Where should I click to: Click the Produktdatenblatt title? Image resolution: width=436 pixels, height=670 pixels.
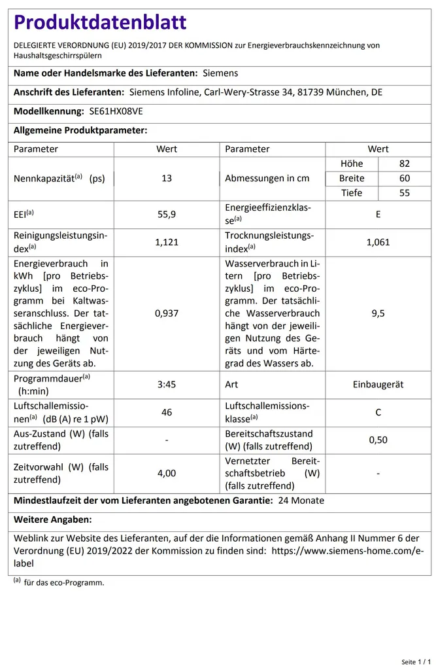[x=100, y=23]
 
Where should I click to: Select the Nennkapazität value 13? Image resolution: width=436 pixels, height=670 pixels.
[x=167, y=178]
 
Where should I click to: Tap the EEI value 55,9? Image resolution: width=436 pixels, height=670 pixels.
[x=167, y=214]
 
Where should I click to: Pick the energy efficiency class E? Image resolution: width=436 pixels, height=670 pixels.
[x=378, y=214]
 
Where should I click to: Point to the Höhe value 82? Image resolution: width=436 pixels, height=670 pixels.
[x=405, y=164]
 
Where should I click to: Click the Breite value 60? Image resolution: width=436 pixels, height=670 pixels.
[x=405, y=178]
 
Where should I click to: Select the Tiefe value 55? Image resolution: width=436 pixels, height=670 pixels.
[x=405, y=193]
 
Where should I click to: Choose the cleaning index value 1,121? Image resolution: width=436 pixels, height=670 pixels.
[x=167, y=242]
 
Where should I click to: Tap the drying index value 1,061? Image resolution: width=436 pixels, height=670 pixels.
[x=378, y=242]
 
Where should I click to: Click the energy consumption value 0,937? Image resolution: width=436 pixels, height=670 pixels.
[x=167, y=313]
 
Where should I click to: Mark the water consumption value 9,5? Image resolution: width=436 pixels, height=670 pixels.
[x=378, y=313]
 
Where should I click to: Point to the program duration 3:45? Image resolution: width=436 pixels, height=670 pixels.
[x=167, y=385]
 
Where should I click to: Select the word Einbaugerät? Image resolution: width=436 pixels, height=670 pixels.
[x=378, y=385]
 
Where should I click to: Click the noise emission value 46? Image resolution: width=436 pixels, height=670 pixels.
[x=167, y=412]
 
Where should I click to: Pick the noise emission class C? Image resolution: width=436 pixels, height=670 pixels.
[x=378, y=412]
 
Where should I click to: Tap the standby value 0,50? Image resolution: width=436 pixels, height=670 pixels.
[x=378, y=440]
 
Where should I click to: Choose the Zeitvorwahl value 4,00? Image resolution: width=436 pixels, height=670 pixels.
[x=167, y=473]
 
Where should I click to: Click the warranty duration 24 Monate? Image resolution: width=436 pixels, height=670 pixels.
[x=301, y=501]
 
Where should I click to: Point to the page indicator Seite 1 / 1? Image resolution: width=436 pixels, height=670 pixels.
[x=416, y=662]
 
